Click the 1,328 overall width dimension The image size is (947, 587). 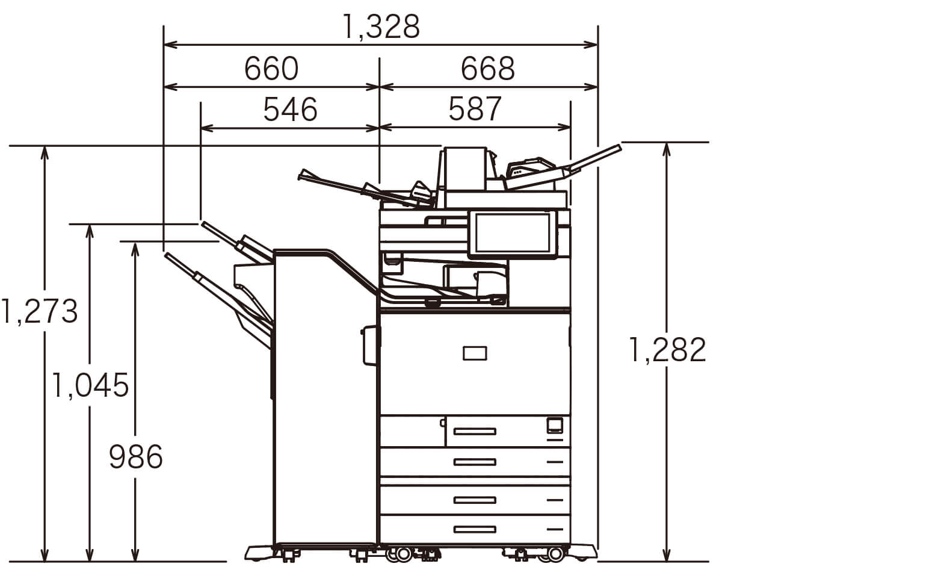click(x=381, y=26)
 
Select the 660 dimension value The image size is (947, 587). click(x=271, y=69)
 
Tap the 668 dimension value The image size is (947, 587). click(x=488, y=69)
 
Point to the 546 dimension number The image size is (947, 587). click(x=290, y=110)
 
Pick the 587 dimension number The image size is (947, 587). click(x=475, y=109)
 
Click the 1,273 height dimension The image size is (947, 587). click(x=39, y=311)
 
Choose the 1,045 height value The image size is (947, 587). click(x=90, y=385)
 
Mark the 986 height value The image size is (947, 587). click(x=136, y=457)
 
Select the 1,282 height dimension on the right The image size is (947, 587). click(x=668, y=349)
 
